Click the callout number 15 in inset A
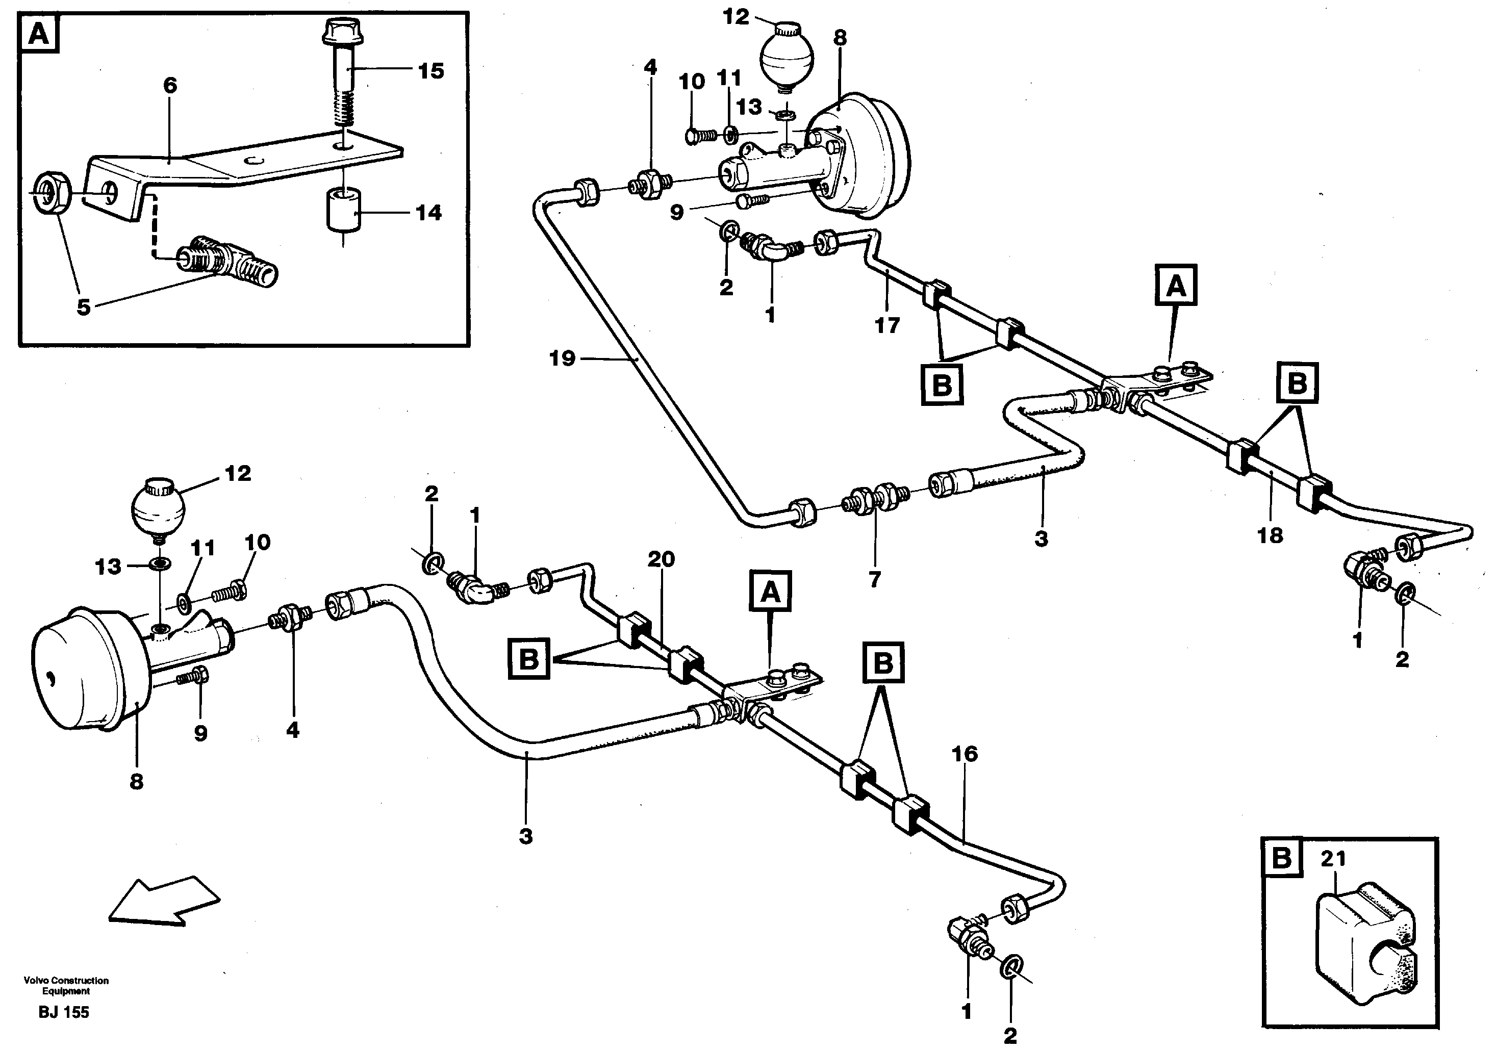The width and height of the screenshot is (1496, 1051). (x=430, y=70)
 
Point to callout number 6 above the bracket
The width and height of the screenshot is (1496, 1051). (x=170, y=85)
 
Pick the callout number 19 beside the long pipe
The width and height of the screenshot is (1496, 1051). (x=562, y=358)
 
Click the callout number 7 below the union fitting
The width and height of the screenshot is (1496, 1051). (x=874, y=579)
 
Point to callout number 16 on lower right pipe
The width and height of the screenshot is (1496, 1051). (x=965, y=754)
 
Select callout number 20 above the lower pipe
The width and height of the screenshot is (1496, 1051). (x=661, y=558)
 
